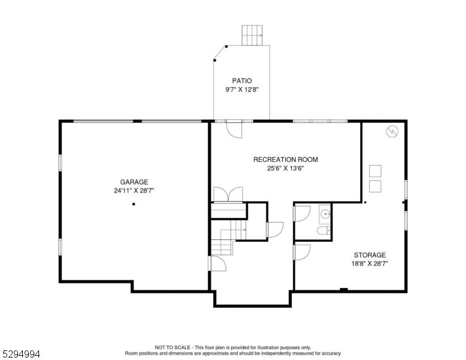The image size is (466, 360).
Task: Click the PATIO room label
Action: (242, 80)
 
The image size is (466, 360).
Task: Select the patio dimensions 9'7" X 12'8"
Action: (242, 90)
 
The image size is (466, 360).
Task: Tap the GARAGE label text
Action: (134, 182)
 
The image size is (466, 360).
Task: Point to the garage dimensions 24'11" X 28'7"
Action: (134, 191)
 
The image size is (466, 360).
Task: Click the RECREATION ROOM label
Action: (285, 160)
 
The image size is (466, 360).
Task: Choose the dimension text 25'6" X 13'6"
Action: (285, 169)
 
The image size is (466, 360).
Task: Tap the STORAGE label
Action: (369, 255)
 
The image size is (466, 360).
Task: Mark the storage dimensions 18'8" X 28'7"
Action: (369, 263)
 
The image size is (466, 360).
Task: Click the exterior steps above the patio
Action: (253, 35)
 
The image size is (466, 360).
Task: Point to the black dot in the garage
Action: (133, 204)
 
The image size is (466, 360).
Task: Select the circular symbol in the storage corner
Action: (392, 130)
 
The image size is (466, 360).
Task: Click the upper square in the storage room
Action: (375, 170)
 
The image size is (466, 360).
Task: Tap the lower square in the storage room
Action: (375, 185)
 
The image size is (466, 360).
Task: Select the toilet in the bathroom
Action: (322, 231)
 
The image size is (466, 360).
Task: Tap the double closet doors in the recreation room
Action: (228, 194)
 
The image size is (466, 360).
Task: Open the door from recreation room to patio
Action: (234, 128)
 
